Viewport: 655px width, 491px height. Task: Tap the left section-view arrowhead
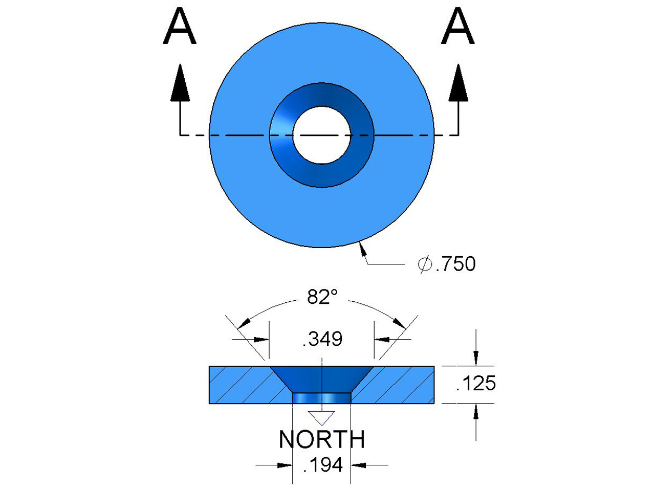[x=180, y=83]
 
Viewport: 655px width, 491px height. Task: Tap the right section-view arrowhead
[x=458, y=83]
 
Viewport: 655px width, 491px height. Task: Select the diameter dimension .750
[x=456, y=264]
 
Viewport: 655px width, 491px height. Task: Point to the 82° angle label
[x=322, y=297]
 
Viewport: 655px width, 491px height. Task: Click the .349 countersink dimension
[x=322, y=339]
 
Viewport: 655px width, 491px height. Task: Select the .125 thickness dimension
[x=476, y=383]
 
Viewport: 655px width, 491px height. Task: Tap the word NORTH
[x=322, y=439]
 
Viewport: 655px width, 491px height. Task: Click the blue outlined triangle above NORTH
[x=321, y=417]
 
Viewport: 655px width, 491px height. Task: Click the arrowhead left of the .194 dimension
[x=285, y=465]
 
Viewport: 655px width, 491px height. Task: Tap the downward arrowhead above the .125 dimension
[x=476, y=358]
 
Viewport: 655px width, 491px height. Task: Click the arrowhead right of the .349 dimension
[x=382, y=339]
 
